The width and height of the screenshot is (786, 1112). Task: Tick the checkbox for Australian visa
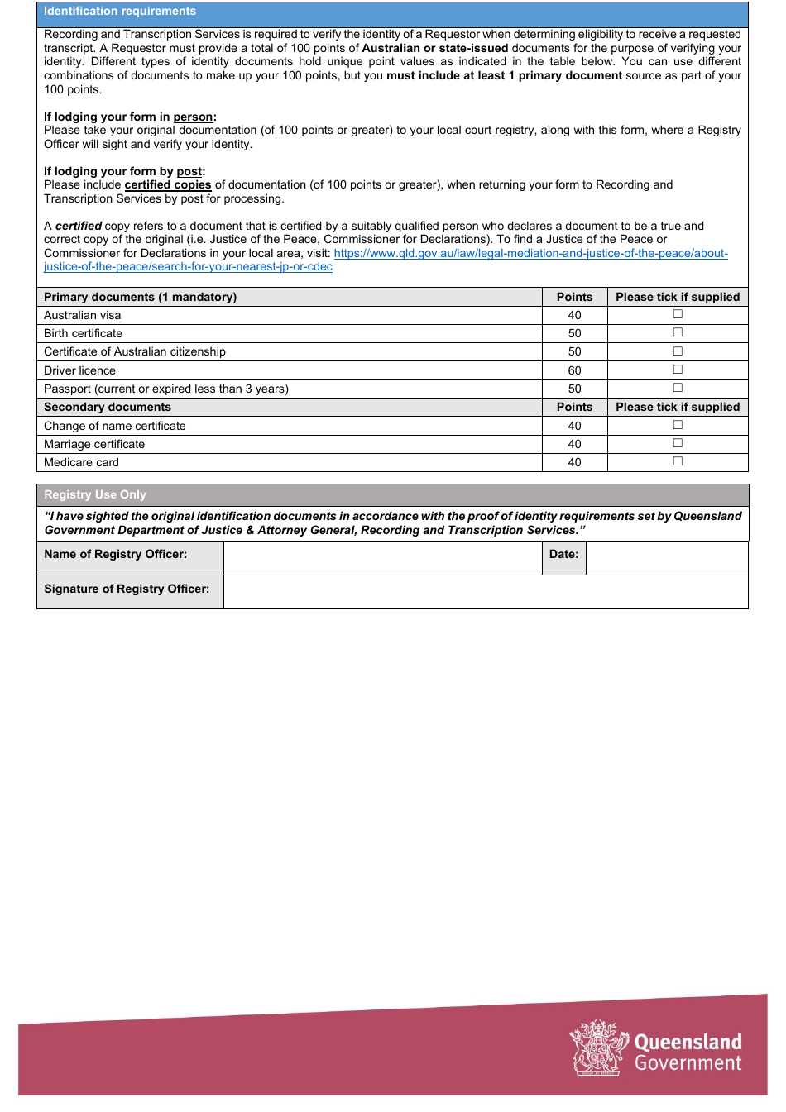click(x=678, y=314)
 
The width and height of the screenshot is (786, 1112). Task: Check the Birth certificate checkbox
click(x=678, y=332)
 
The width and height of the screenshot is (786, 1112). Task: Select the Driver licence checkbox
click(x=678, y=370)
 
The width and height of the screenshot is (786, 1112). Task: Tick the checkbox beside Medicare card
click(x=678, y=461)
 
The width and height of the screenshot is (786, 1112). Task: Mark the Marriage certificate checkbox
click(x=678, y=443)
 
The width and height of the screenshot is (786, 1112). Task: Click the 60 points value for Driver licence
click(x=574, y=370)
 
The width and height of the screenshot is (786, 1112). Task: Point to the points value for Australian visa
click(x=574, y=315)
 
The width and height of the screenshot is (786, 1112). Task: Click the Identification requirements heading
click(x=120, y=12)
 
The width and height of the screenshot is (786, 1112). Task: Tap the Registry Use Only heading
click(x=95, y=494)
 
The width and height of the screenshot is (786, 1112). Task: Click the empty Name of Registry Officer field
click(x=382, y=558)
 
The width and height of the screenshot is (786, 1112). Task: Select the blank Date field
click(x=666, y=558)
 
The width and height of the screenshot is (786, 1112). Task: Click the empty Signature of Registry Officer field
click(x=485, y=592)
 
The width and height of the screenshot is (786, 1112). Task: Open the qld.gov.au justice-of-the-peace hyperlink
click(x=530, y=254)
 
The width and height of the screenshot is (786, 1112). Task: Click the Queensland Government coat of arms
click(x=597, y=1048)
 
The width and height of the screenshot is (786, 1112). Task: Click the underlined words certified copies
click(x=168, y=185)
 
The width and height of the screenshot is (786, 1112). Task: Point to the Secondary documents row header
click(x=108, y=407)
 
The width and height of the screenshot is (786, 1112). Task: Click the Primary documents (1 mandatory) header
click(x=140, y=297)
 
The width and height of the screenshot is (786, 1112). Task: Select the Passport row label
click(x=165, y=389)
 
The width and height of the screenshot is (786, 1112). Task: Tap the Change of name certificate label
click(x=114, y=426)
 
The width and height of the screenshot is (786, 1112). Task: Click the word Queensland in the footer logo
click(x=688, y=1042)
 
